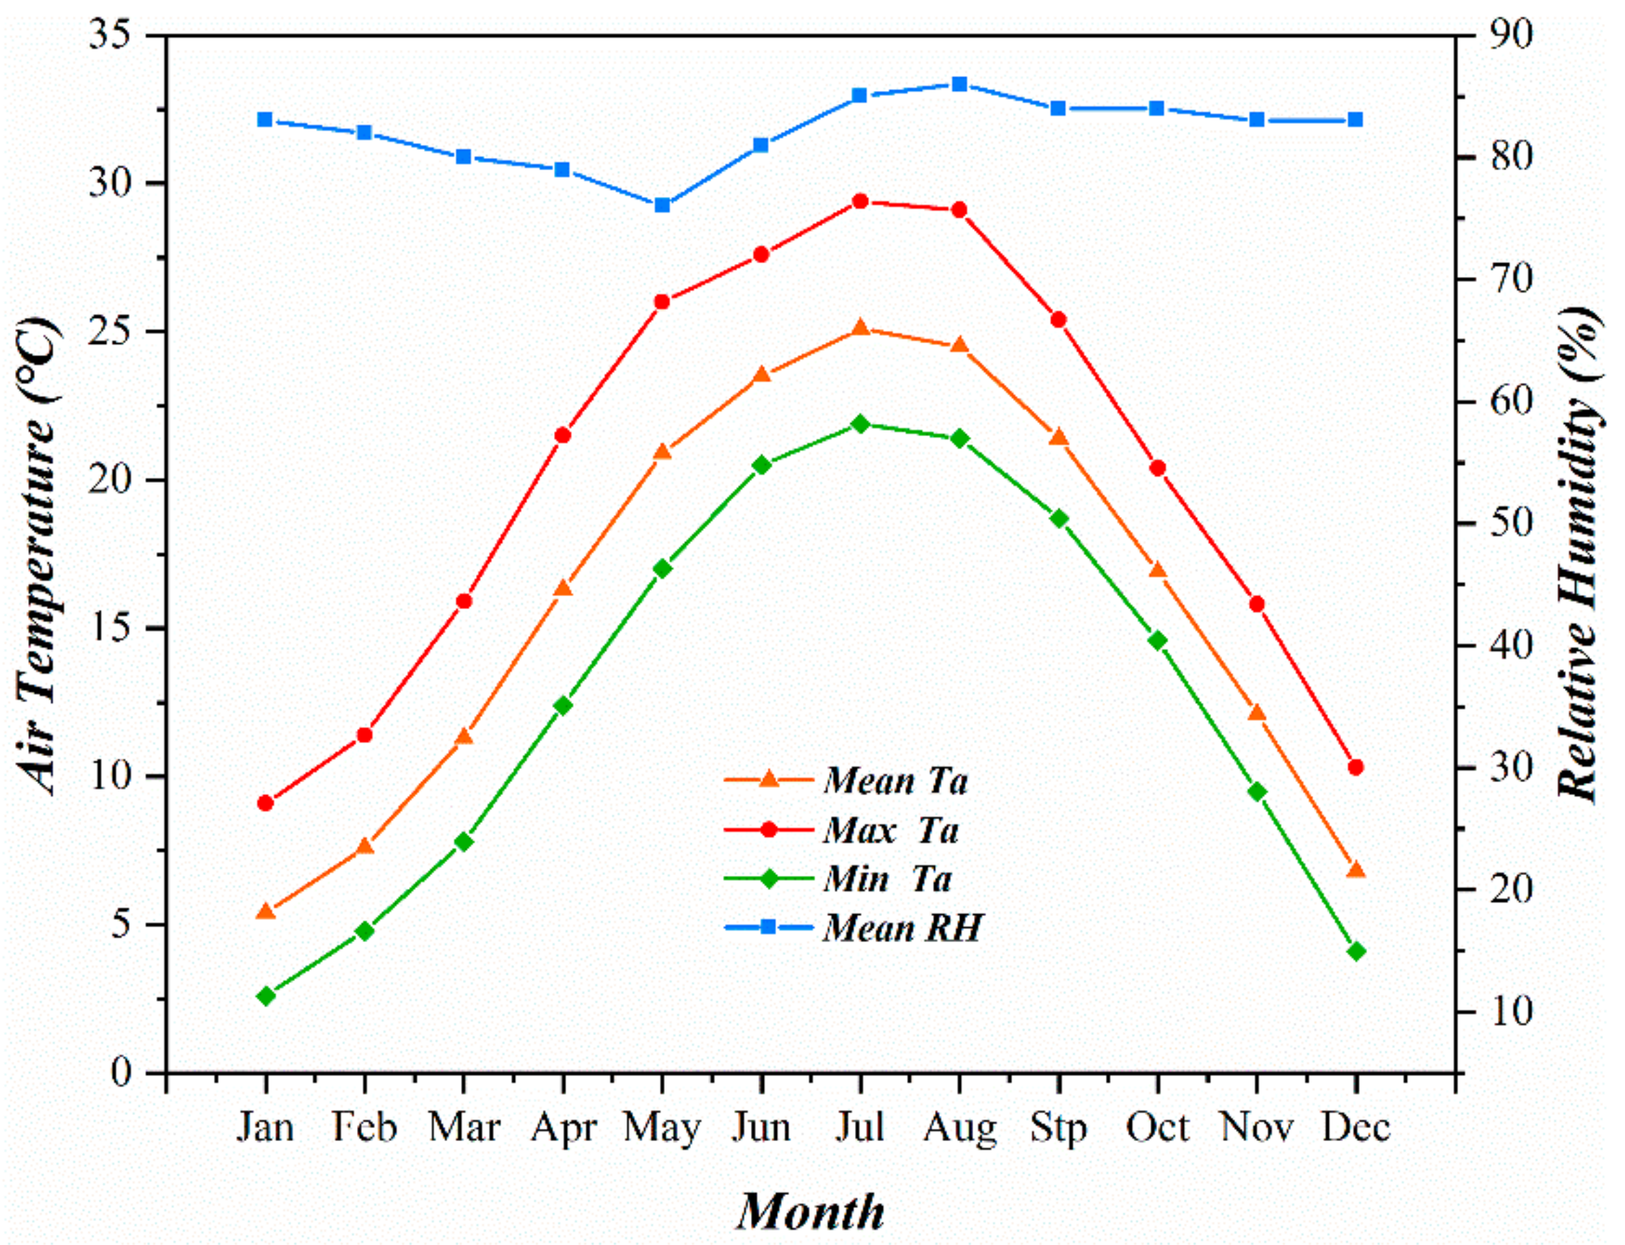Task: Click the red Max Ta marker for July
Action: (860, 202)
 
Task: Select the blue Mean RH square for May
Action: (662, 205)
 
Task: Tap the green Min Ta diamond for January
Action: (265, 996)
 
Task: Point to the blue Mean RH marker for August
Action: (960, 83)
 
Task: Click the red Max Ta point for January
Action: (265, 803)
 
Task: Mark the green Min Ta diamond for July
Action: (860, 424)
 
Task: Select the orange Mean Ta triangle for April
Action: (563, 589)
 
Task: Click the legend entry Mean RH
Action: (902, 927)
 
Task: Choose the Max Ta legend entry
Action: (890, 830)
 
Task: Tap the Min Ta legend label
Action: (886, 879)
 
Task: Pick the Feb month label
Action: (364, 1127)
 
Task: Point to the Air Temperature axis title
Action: (37, 556)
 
